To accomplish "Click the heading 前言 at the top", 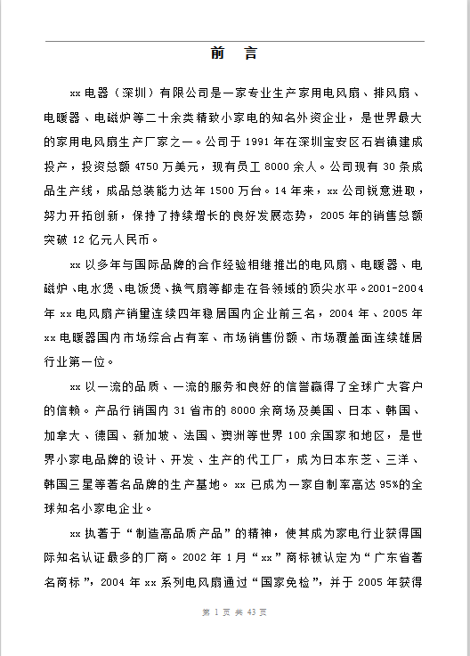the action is (x=235, y=53).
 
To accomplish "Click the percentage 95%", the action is (x=385, y=485).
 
